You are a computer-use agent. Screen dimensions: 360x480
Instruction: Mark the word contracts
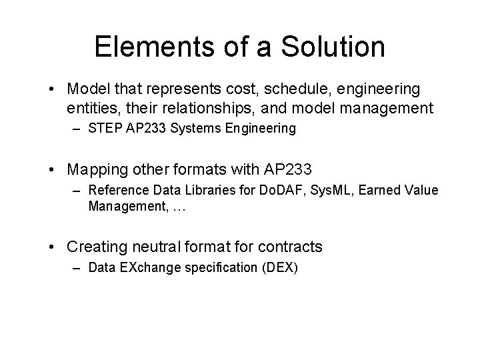(x=291, y=247)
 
